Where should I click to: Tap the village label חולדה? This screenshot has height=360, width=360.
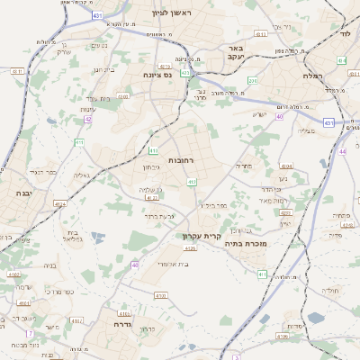[x=330, y=291]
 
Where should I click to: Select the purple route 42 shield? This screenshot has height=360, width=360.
[x=87, y=119]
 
